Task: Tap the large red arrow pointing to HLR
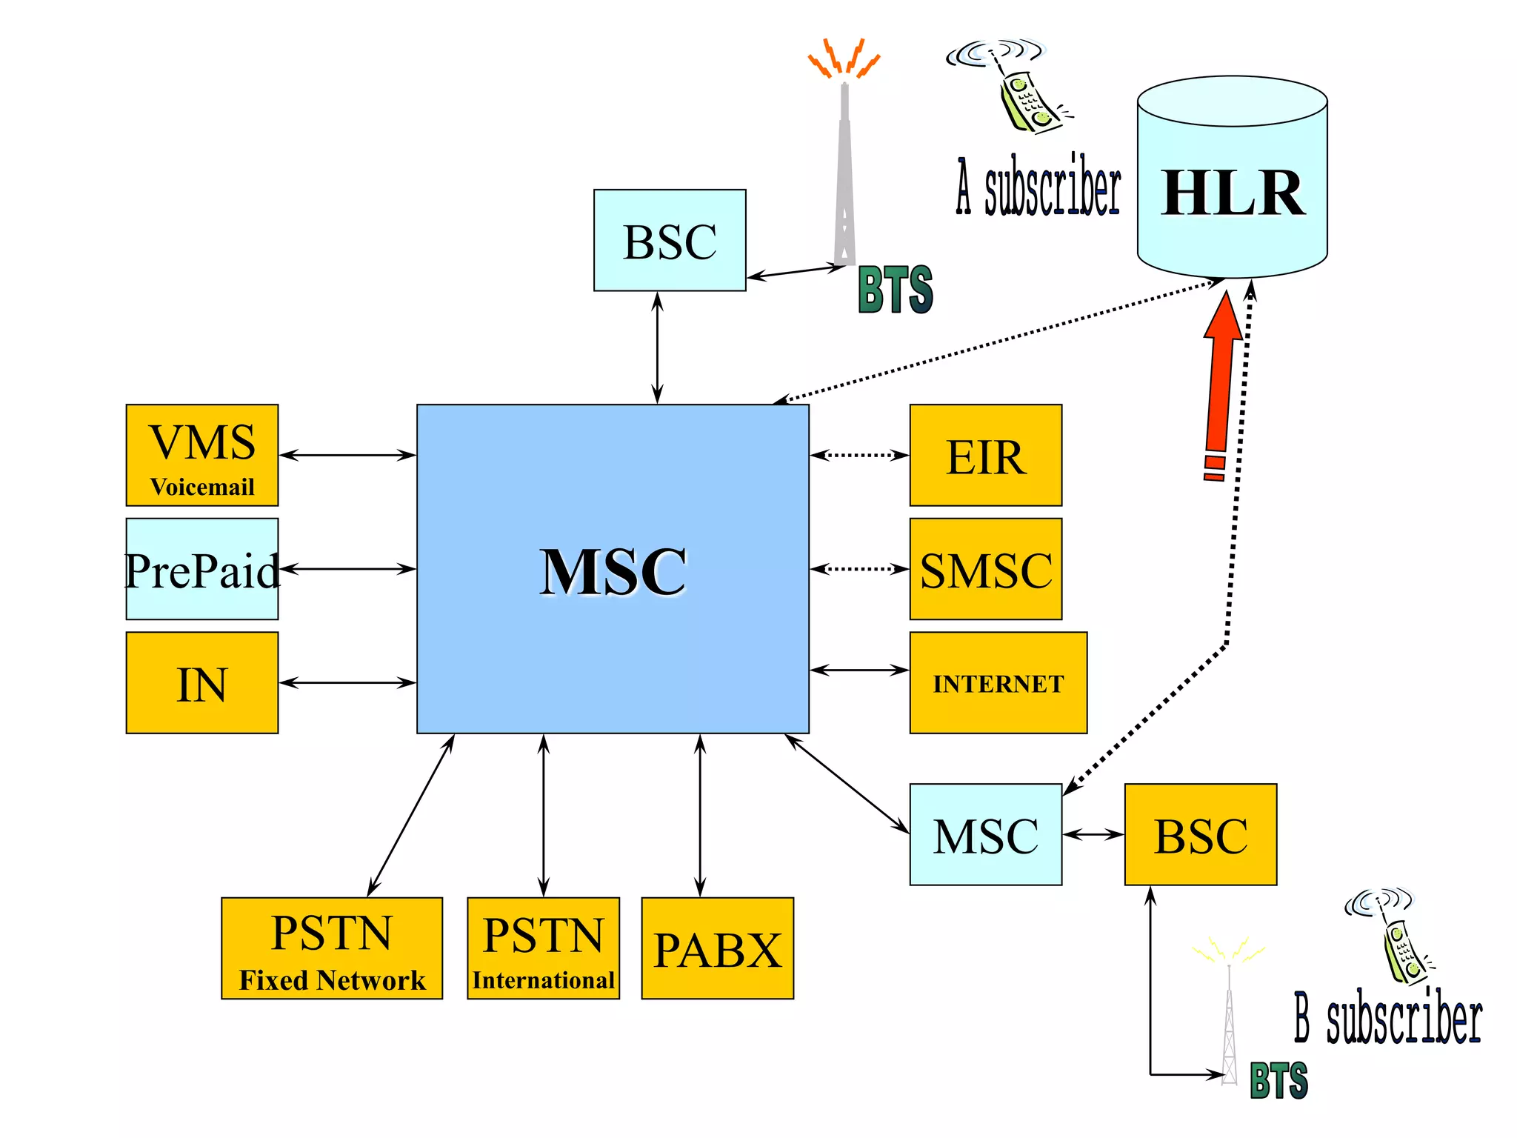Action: [x=1221, y=378]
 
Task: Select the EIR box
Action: [x=985, y=455]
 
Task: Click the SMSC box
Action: [x=985, y=569]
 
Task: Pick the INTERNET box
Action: [x=998, y=682]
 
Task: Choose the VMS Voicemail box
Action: [x=201, y=455]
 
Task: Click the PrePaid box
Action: [x=201, y=569]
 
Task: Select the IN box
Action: [x=201, y=682]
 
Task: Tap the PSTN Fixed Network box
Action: [x=331, y=948]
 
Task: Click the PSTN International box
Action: [x=543, y=948]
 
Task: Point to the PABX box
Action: [x=717, y=948]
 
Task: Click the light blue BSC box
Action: [x=670, y=240]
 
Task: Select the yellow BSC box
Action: [x=1200, y=834]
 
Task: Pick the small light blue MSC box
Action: [x=985, y=834]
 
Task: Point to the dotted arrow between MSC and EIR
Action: [x=859, y=455]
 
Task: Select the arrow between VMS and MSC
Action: [x=347, y=455]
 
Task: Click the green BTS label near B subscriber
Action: [x=1278, y=1080]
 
